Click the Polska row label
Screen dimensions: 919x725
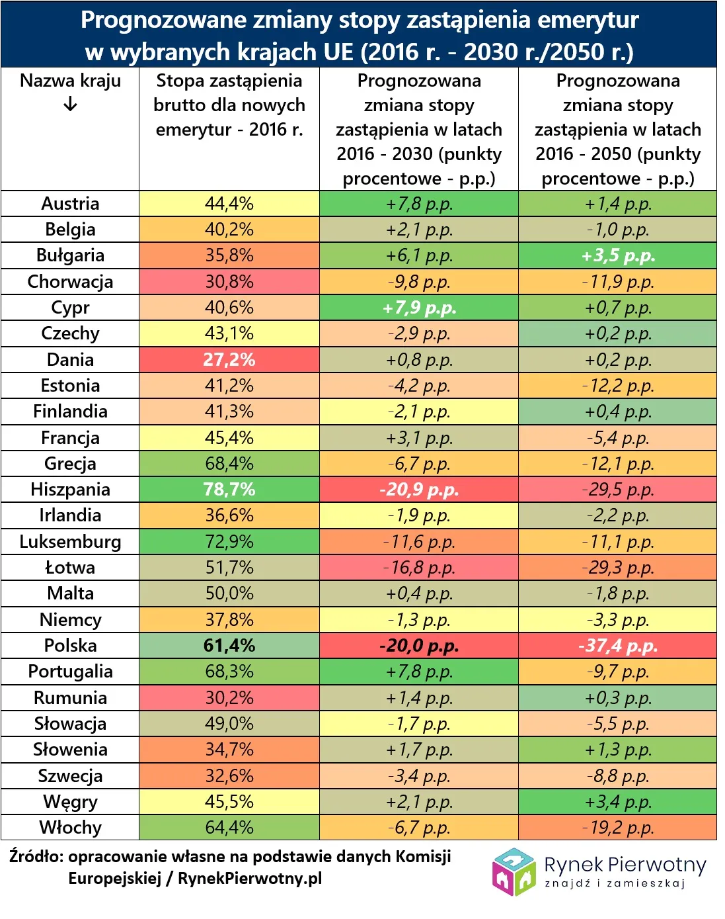pyautogui.click(x=70, y=645)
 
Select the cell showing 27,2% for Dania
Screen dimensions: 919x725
pyautogui.click(x=229, y=359)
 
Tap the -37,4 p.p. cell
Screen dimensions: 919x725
pyautogui.click(x=617, y=645)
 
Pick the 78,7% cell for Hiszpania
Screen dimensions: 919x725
pyautogui.click(x=229, y=490)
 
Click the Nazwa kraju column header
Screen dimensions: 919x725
pyautogui.click(x=70, y=81)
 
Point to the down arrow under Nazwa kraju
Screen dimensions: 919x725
pyautogui.click(x=70, y=105)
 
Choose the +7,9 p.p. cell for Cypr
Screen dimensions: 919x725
pyautogui.click(x=419, y=308)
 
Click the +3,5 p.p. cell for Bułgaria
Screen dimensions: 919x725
pyautogui.click(x=617, y=255)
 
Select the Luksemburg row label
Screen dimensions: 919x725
pyautogui.click(x=70, y=541)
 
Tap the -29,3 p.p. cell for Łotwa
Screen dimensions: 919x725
pyautogui.click(x=617, y=568)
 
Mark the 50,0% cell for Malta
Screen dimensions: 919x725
pyautogui.click(x=229, y=593)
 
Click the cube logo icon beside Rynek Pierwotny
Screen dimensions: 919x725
pyautogui.click(x=514, y=871)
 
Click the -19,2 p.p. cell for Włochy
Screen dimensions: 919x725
pyautogui.click(x=617, y=828)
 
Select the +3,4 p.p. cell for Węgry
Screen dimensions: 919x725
pyautogui.click(x=617, y=802)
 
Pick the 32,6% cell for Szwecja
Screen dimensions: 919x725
pyautogui.click(x=229, y=775)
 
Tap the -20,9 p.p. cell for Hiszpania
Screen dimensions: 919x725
pyautogui.click(x=419, y=490)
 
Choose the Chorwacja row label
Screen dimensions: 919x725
pyautogui.click(x=70, y=282)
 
